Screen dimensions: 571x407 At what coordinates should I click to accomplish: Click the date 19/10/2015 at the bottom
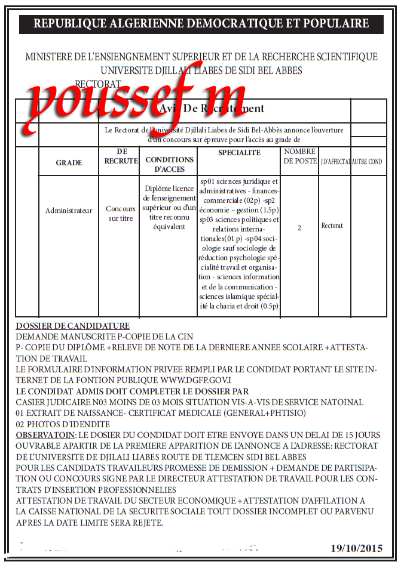[x=356, y=548]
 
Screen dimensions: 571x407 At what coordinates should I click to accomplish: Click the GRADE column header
[x=69, y=163]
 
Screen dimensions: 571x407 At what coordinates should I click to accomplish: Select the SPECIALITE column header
[x=239, y=153]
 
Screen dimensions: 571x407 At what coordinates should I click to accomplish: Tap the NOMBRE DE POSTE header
[x=300, y=156]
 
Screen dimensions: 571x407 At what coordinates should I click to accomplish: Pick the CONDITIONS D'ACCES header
[x=170, y=164]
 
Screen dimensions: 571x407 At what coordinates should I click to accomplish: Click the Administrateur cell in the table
[x=69, y=211]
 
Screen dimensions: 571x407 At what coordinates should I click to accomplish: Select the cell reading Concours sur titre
[x=121, y=214]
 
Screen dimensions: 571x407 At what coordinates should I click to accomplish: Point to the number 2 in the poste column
[x=299, y=228]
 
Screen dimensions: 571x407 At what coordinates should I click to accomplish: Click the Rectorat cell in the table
[x=332, y=226]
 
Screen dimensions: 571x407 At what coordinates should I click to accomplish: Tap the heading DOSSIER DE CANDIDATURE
[x=72, y=326]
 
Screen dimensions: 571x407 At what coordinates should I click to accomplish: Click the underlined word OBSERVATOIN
[x=45, y=435]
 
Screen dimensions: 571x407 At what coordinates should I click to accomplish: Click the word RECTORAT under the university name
[x=99, y=84]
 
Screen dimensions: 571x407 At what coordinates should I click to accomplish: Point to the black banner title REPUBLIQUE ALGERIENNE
[x=201, y=24]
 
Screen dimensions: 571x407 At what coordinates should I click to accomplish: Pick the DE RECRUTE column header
[x=121, y=156]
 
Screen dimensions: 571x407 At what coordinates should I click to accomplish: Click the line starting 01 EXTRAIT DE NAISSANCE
[x=161, y=413]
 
